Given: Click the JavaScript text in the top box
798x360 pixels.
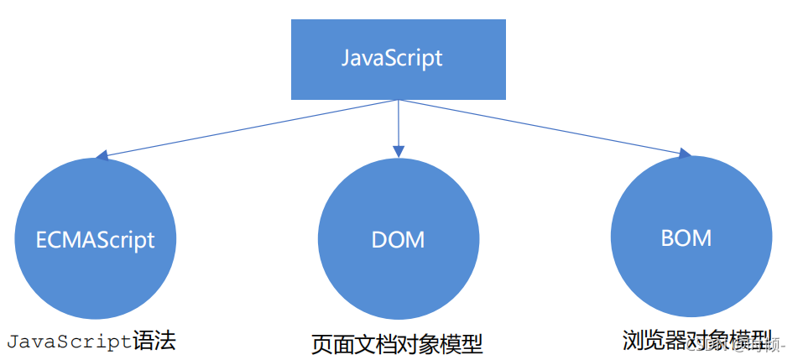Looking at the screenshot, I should coord(392,59).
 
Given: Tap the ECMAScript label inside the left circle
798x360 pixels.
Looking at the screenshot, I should coord(96,239).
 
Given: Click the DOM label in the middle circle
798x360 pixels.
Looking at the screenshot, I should coord(398,240).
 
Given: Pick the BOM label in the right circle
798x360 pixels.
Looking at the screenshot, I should coord(686,237).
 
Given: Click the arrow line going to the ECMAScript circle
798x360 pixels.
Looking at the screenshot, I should coord(252,128).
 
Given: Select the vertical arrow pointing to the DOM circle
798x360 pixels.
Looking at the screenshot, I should coord(398,126).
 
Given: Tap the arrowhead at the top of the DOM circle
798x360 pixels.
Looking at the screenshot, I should coord(398,153).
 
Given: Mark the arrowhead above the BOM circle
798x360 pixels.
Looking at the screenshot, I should coord(685,153).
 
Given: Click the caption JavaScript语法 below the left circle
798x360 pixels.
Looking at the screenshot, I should coord(92,341).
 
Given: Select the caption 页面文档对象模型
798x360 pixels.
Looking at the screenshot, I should coord(397,344).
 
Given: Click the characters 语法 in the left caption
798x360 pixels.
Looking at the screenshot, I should coord(155,341).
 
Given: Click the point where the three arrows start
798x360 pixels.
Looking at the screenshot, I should coord(398,100).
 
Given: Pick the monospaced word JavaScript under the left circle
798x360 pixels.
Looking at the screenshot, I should coord(70,341).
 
